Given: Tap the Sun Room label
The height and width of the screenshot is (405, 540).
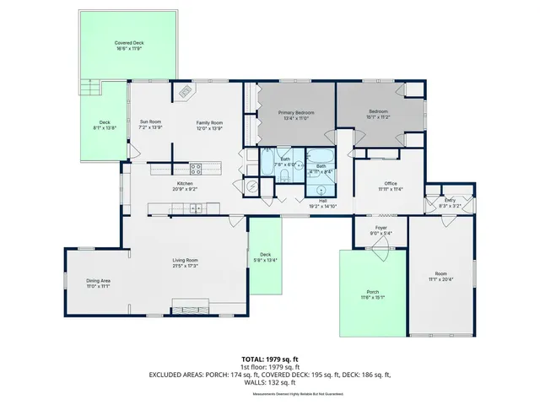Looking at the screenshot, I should (150, 122).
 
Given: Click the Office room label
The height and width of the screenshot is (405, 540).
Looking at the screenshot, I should (390, 183).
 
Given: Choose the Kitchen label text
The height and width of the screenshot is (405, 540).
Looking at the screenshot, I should (185, 183).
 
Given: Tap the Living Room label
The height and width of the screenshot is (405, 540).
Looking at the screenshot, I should (186, 260).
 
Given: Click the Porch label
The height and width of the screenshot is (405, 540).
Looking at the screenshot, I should (372, 291).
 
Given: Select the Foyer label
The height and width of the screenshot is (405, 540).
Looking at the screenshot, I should (381, 229).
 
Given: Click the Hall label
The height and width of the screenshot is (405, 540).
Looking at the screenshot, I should (322, 201).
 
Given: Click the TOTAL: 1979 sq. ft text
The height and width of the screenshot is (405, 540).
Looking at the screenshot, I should (269, 359).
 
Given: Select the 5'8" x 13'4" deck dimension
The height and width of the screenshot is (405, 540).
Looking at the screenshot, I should (265, 260).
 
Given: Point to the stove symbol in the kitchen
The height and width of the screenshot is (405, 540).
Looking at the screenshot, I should (195, 167).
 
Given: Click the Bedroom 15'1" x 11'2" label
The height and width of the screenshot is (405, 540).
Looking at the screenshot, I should (378, 114).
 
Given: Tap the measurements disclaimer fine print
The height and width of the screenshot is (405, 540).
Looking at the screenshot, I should (269, 392).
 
